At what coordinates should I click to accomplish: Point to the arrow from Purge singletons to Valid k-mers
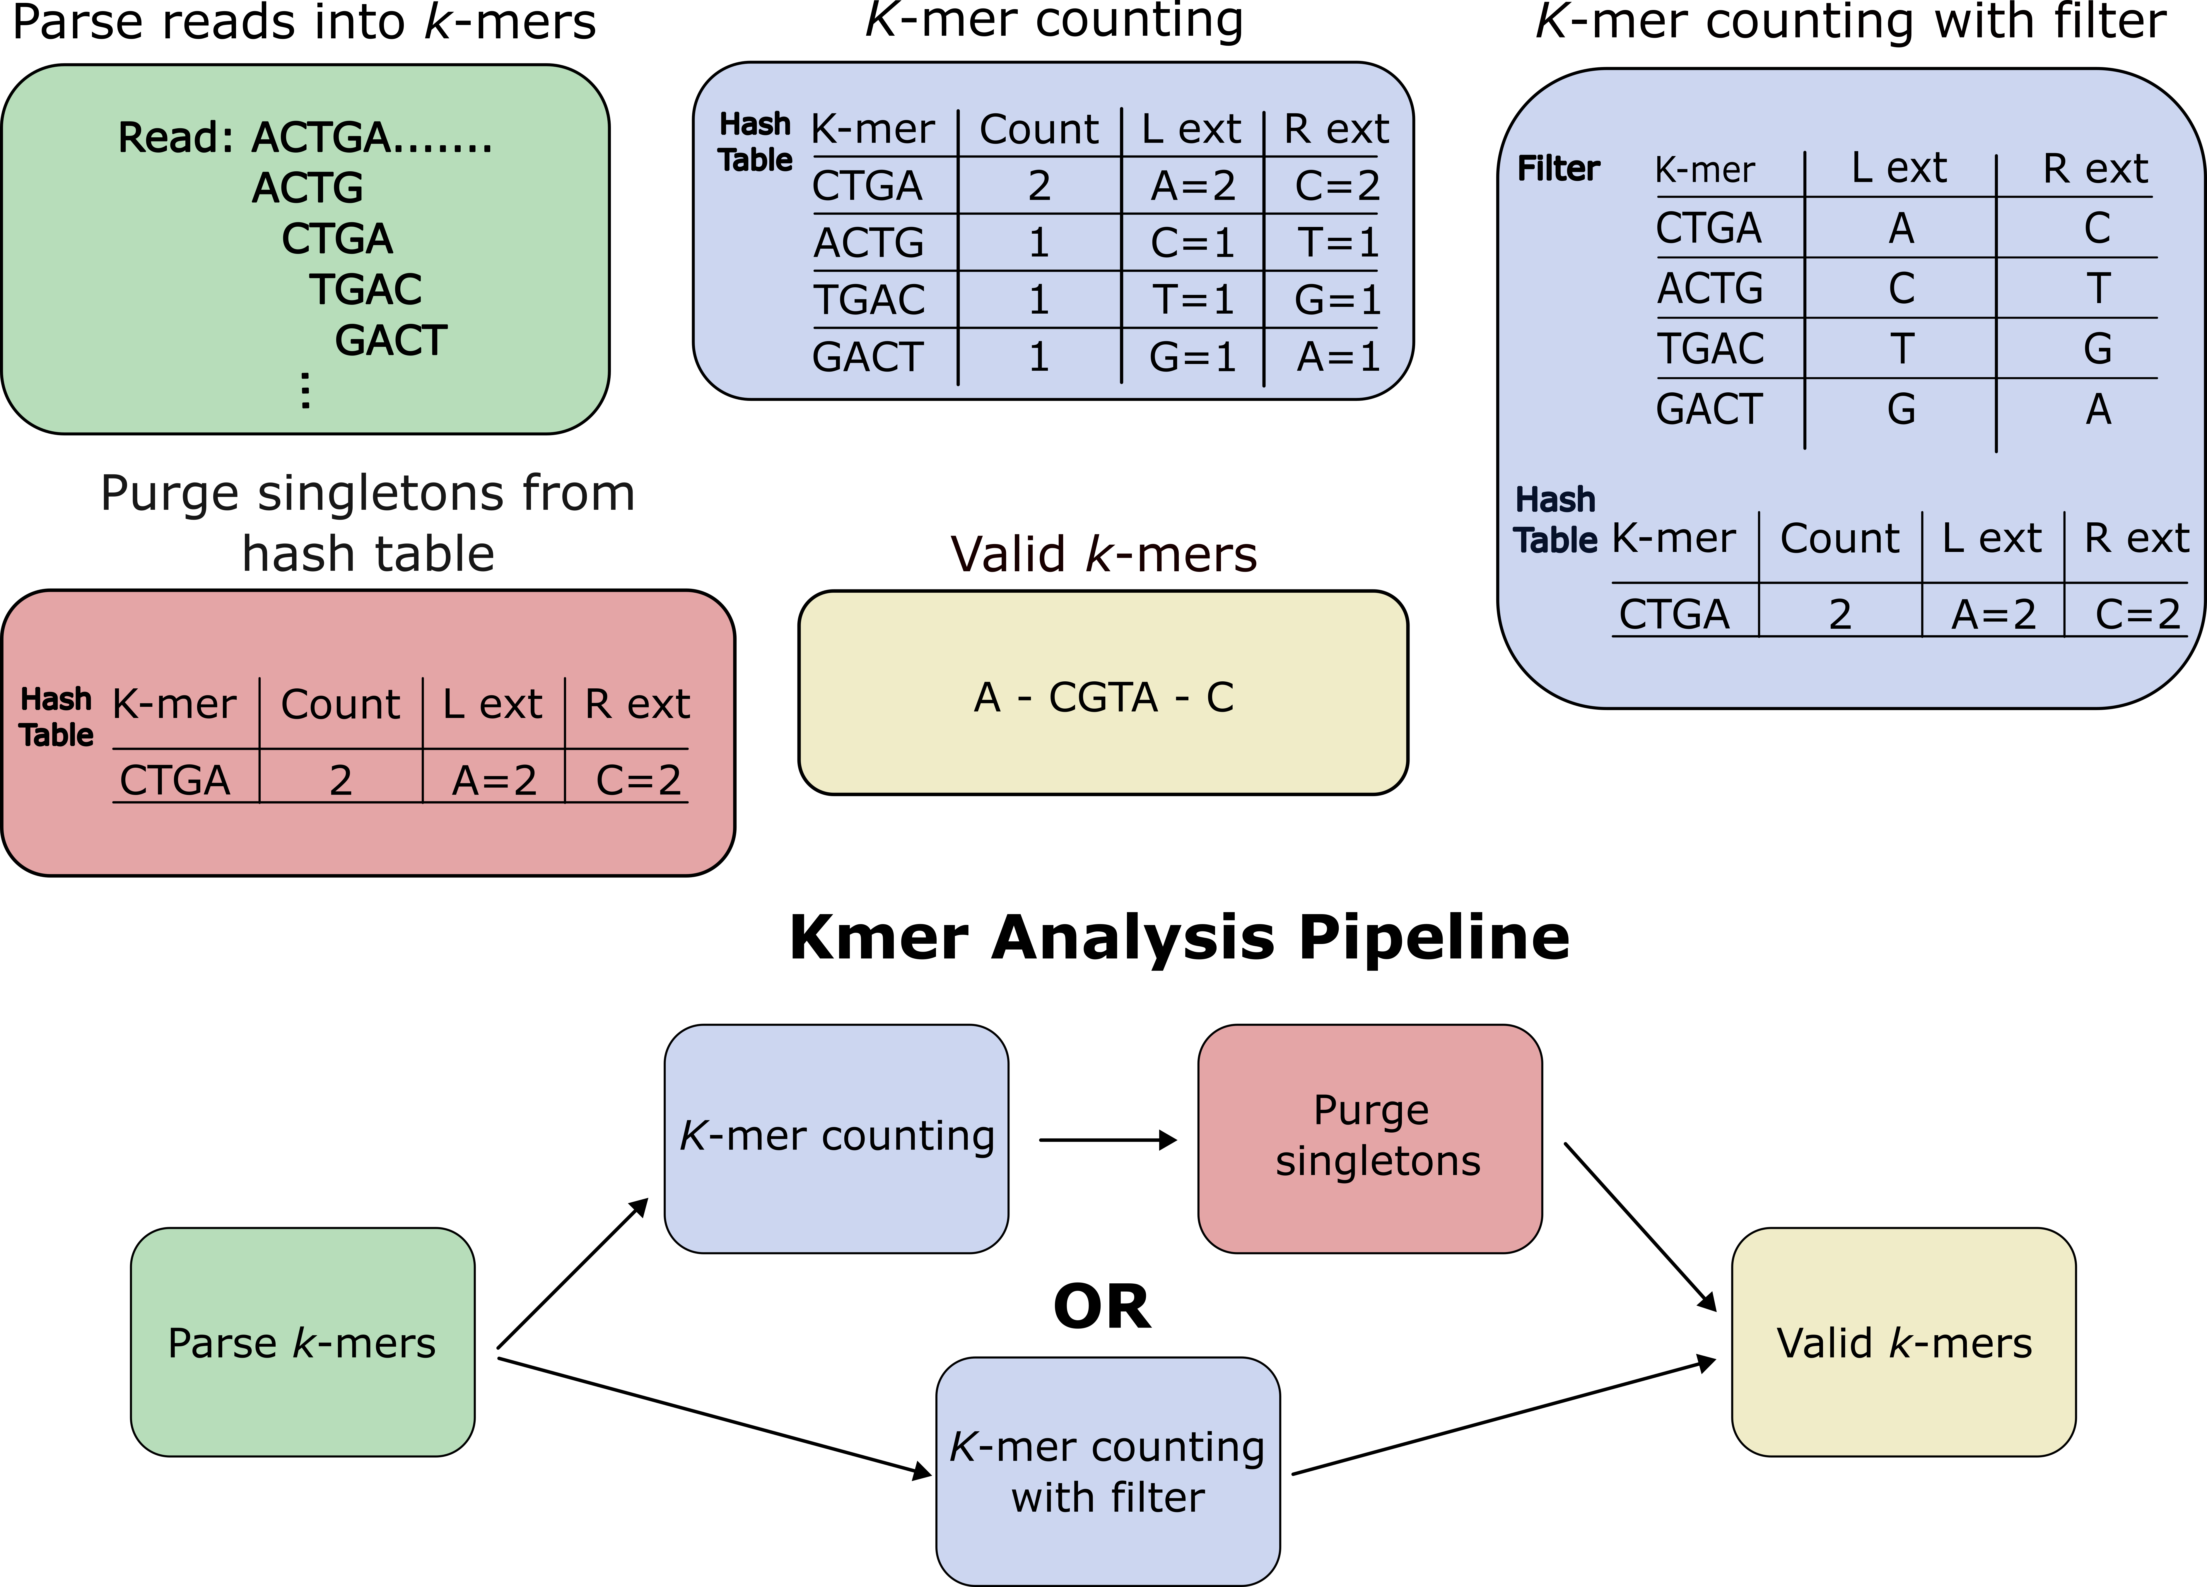click(1640, 1226)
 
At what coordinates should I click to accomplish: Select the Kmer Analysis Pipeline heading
click(1179, 937)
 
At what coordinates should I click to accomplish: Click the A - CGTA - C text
click(1103, 697)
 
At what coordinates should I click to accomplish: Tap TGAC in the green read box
click(366, 289)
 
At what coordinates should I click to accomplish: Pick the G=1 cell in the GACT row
click(1192, 357)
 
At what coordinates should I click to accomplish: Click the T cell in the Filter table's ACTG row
click(2098, 288)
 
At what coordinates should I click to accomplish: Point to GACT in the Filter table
click(1709, 409)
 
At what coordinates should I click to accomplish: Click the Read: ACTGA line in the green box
click(305, 137)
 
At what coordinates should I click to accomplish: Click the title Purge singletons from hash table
click(368, 523)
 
